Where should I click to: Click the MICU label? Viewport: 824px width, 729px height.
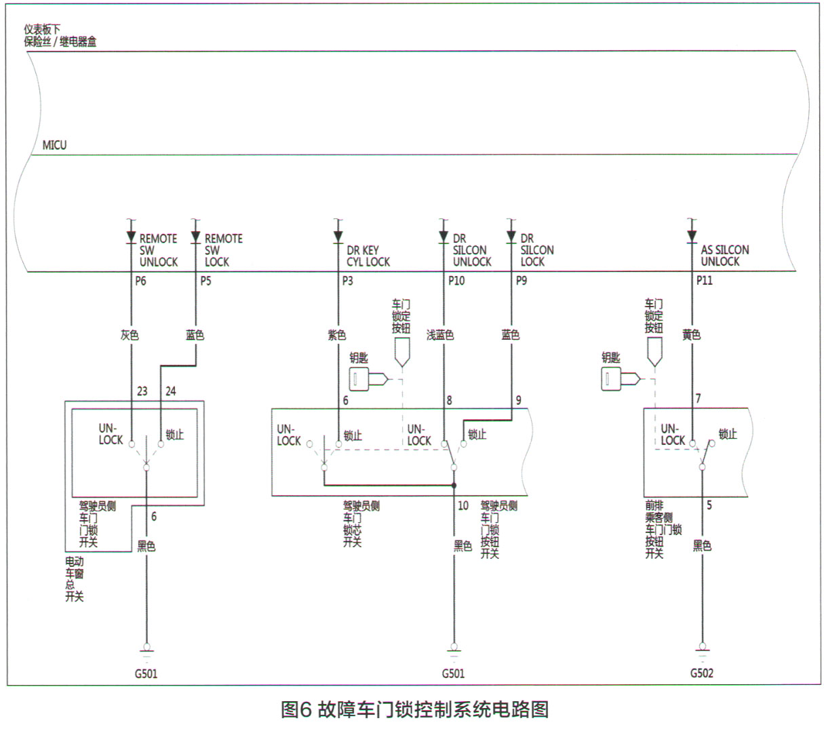[x=54, y=145]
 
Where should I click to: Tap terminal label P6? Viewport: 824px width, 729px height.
[x=140, y=281]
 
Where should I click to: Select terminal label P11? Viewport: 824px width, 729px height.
[x=704, y=281]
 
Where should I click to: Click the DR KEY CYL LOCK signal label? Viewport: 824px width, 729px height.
[x=368, y=256]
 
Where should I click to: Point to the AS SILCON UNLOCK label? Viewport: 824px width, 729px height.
[x=724, y=256]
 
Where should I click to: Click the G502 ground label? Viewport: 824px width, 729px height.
[x=702, y=673]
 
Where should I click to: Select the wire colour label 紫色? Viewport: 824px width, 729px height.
[x=336, y=335]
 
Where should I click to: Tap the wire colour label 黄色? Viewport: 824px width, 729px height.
[x=691, y=335]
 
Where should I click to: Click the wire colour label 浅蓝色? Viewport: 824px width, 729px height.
[x=439, y=335]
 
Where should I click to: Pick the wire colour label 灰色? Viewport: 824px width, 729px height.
[x=129, y=335]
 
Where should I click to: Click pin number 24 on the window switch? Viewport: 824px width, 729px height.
[x=170, y=391]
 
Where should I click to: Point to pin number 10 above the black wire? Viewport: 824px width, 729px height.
[x=463, y=505]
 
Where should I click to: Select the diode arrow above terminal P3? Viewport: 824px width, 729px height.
[x=338, y=236]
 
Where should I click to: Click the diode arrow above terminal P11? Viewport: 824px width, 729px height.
[x=692, y=236]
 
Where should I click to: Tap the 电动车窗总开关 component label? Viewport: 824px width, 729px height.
[x=74, y=579]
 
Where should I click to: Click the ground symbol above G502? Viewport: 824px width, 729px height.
[x=702, y=652]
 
